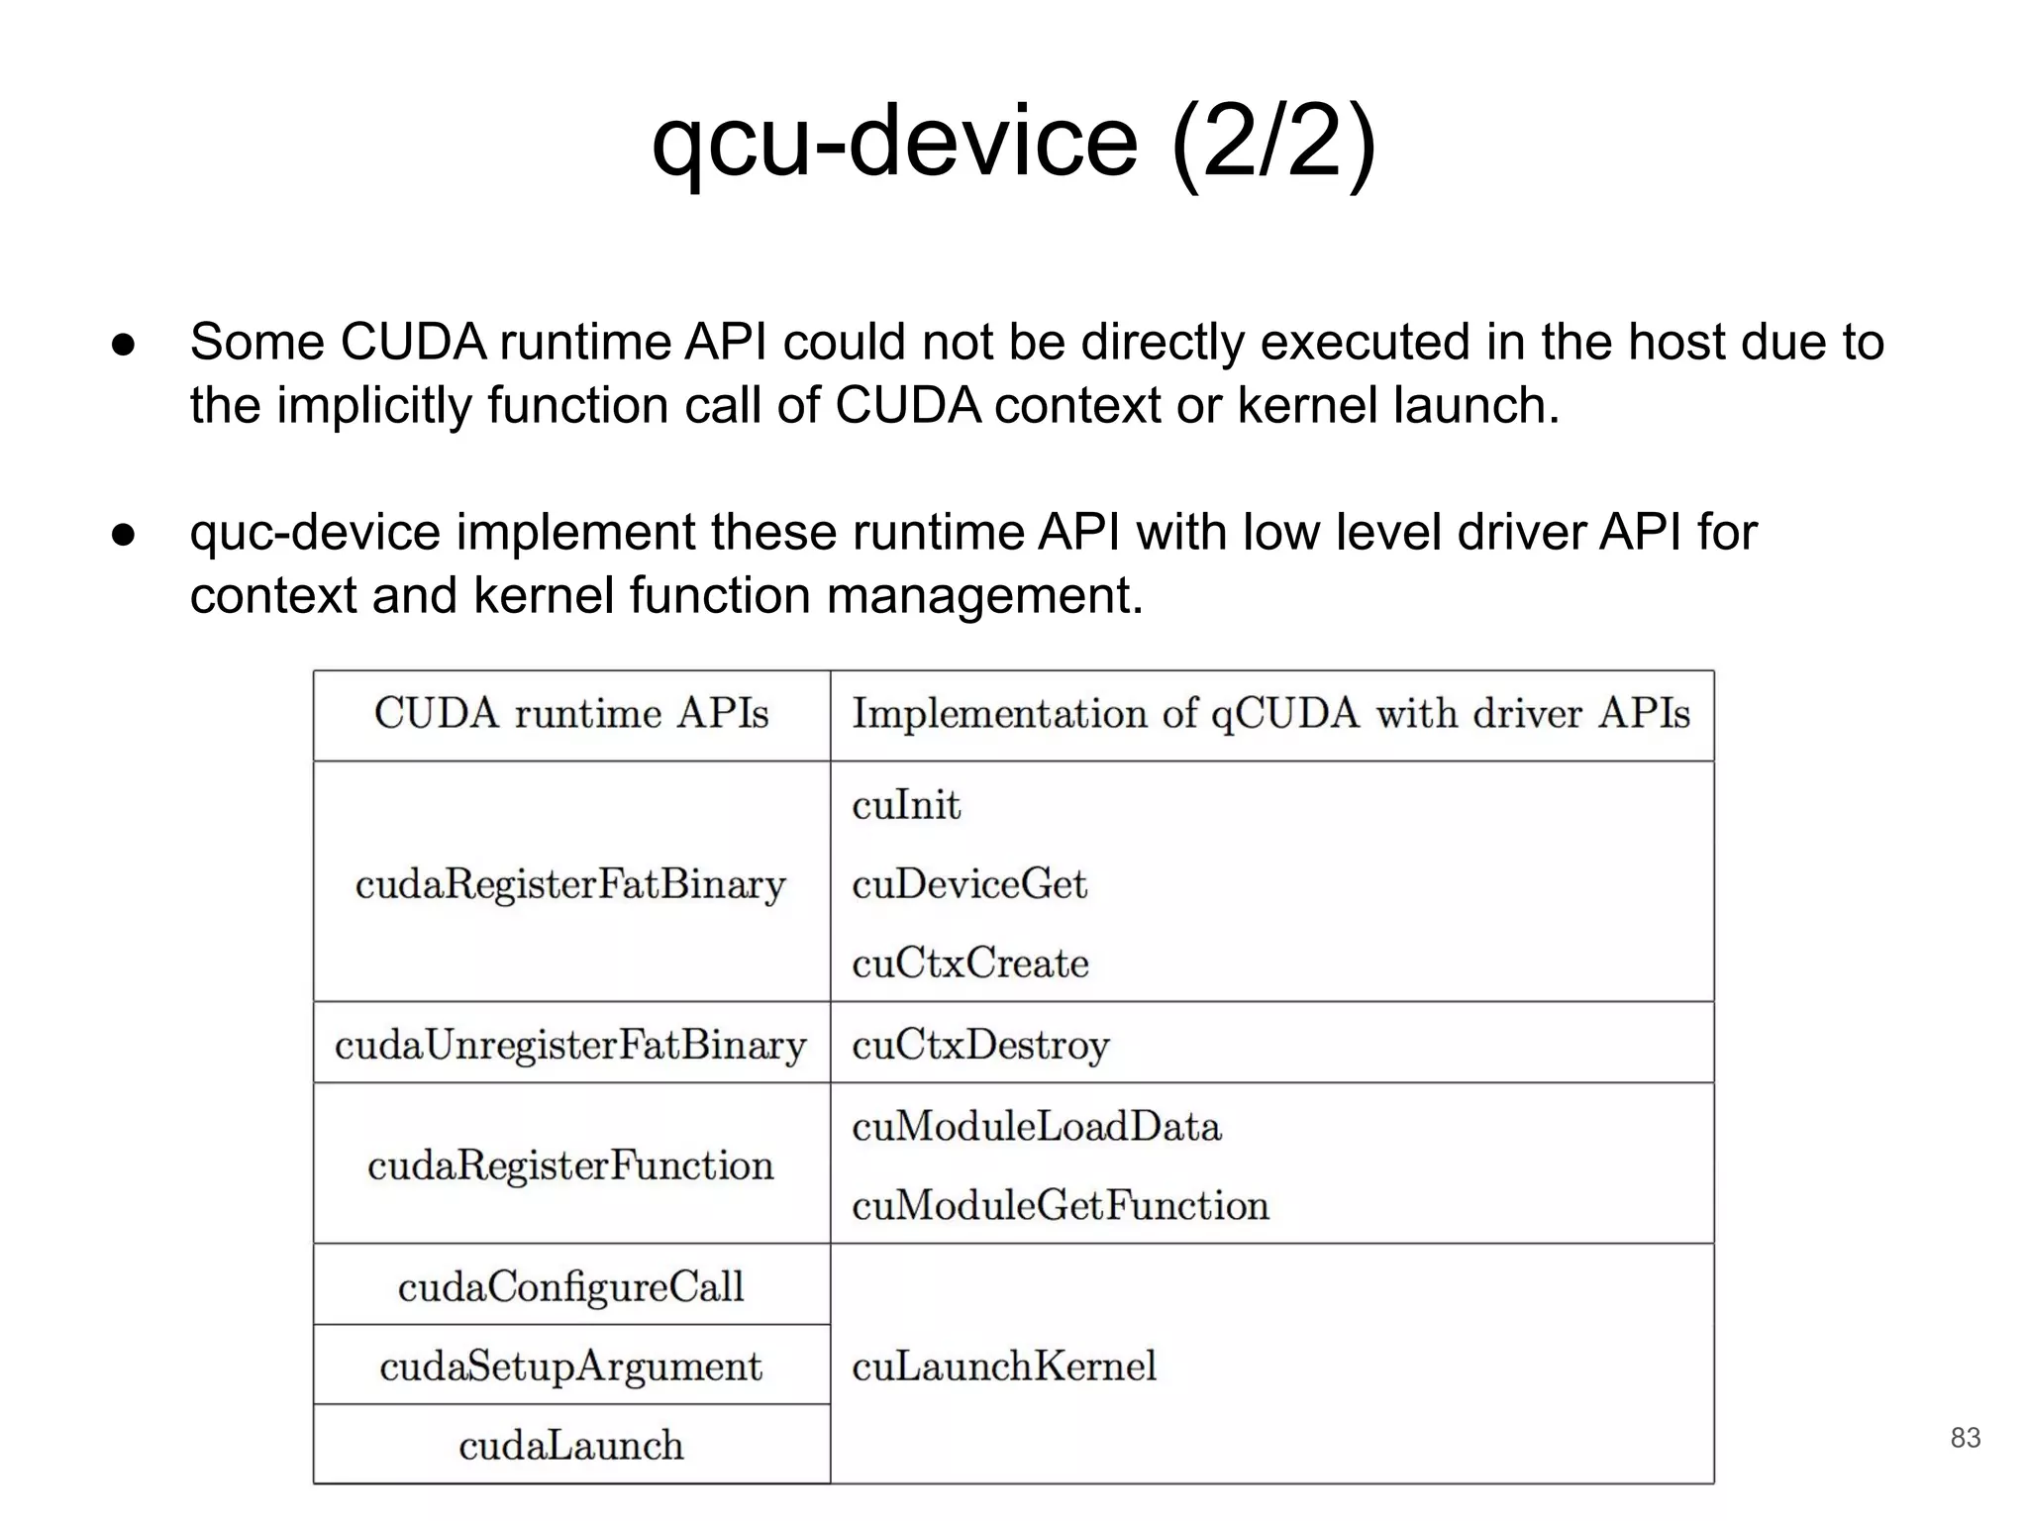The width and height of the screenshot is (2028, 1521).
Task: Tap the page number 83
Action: coord(1965,1438)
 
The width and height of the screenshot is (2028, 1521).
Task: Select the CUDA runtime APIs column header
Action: coord(571,714)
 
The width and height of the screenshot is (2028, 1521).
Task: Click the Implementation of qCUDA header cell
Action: coord(1270,714)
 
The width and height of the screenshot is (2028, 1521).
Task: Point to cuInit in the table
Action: coord(906,805)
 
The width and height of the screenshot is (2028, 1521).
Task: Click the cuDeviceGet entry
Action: coord(968,884)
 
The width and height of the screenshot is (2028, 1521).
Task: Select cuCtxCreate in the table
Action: coord(969,963)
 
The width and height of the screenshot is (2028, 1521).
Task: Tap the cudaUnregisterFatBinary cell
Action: coord(570,1045)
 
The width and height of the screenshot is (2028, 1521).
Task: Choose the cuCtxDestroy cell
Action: coord(980,1045)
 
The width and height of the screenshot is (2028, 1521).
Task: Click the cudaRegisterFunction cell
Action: coord(570,1166)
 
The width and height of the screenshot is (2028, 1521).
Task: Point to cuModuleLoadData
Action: coord(1036,1127)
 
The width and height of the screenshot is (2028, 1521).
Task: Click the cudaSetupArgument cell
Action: coord(570,1367)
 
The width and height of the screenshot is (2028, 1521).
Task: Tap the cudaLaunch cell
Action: coord(570,1446)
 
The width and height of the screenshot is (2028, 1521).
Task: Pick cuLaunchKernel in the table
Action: coord(1003,1367)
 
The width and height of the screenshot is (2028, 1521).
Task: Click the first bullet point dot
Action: coord(123,345)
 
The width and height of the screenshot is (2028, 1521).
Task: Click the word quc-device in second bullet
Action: coord(315,533)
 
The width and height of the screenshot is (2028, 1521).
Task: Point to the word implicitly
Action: coord(373,406)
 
